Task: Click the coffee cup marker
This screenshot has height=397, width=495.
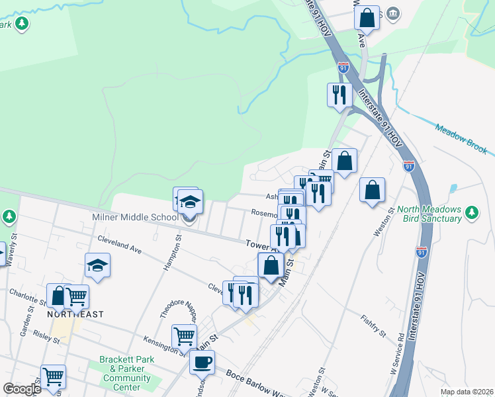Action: (202, 361)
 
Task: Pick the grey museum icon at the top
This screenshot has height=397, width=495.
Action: (393, 13)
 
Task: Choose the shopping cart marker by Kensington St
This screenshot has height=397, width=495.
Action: (184, 335)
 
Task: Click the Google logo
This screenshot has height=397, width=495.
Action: (22, 389)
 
